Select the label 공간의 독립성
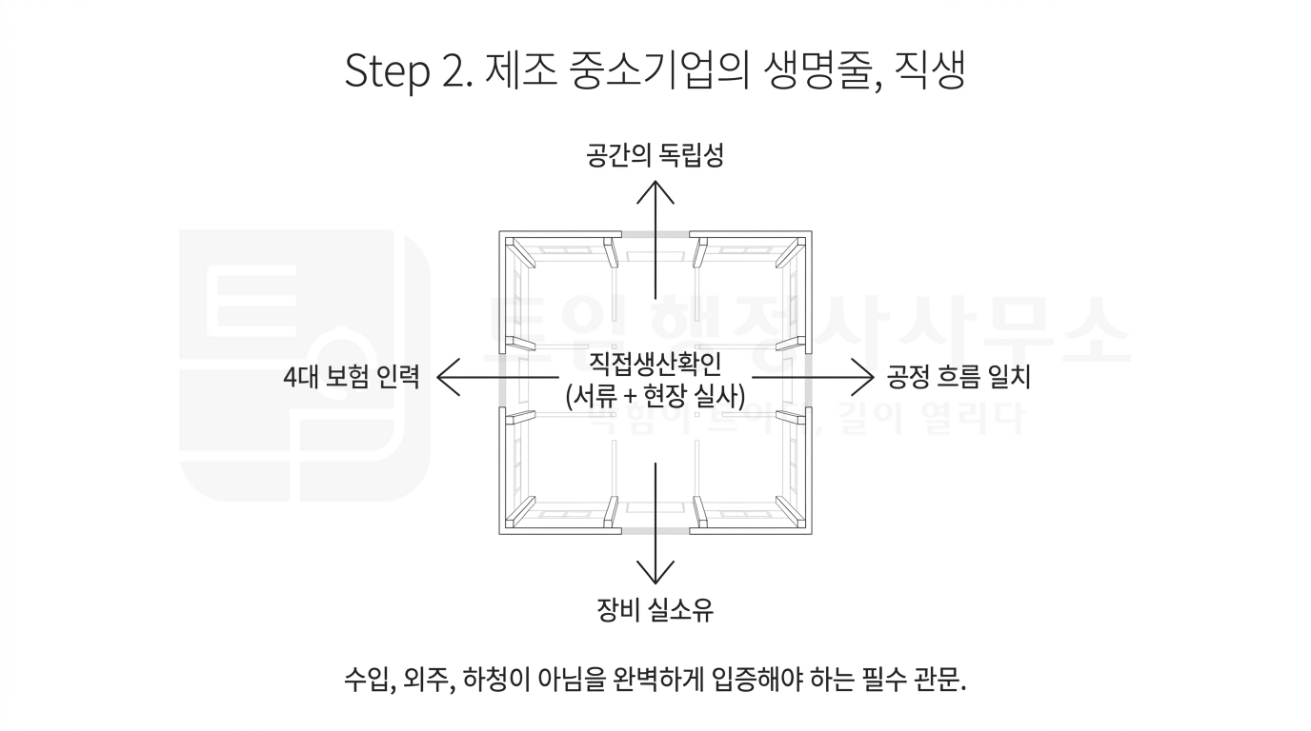coord(655,155)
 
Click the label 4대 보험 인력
coord(351,378)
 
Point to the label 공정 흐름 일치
coord(958,378)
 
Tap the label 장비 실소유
coord(655,609)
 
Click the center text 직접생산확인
coord(655,364)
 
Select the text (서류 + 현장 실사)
coord(655,394)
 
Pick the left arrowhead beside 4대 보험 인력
coord(444,378)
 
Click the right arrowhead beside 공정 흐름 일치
coord(866,378)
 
